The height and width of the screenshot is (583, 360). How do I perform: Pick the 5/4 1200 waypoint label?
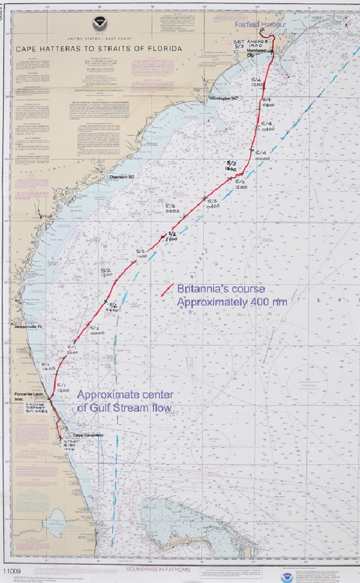[x=258, y=82]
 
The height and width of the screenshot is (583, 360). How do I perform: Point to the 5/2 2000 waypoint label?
[x=172, y=236]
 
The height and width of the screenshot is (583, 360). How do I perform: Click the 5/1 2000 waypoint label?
[x=71, y=350]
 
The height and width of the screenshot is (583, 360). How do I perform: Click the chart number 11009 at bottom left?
[x=12, y=570]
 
